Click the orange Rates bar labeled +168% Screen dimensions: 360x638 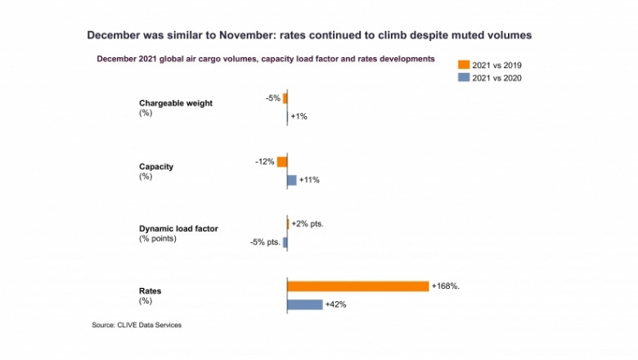tap(357, 286)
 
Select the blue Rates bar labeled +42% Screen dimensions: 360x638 tap(304, 304)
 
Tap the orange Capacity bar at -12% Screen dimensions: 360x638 tap(282, 162)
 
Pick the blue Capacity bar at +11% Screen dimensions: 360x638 tap(291, 180)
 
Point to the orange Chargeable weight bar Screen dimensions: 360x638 tap(285, 99)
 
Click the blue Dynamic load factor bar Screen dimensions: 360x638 tap(285, 242)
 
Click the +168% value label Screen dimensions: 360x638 tap(447, 286)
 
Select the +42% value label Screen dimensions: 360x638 tap(336, 304)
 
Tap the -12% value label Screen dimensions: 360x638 tap(264, 162)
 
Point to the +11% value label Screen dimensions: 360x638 tap(309, 180)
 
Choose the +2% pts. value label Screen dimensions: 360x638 tap(308, 224)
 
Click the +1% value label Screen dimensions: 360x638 tap(299, 117)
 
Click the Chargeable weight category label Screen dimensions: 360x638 tap(177, 103)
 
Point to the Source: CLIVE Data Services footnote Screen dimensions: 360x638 tap(137, 325)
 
